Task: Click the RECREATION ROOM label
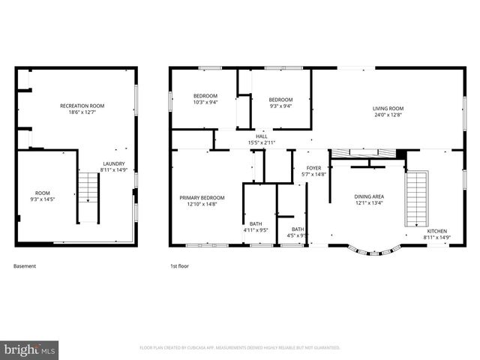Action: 82,106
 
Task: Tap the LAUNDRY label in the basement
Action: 113,163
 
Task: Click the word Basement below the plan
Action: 25,265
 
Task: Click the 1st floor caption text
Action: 179,265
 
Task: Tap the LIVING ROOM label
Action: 388,109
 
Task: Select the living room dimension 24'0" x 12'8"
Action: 388,115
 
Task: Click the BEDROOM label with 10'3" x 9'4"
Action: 205,96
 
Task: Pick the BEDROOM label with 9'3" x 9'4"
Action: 280,99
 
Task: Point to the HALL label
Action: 262,136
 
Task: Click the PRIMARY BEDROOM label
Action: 202,198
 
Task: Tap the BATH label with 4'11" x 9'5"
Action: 256,223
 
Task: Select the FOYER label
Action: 314,168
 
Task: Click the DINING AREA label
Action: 368,196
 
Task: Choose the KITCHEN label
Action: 437,232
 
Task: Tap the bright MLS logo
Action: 29,349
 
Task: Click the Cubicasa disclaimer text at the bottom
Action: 240,347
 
